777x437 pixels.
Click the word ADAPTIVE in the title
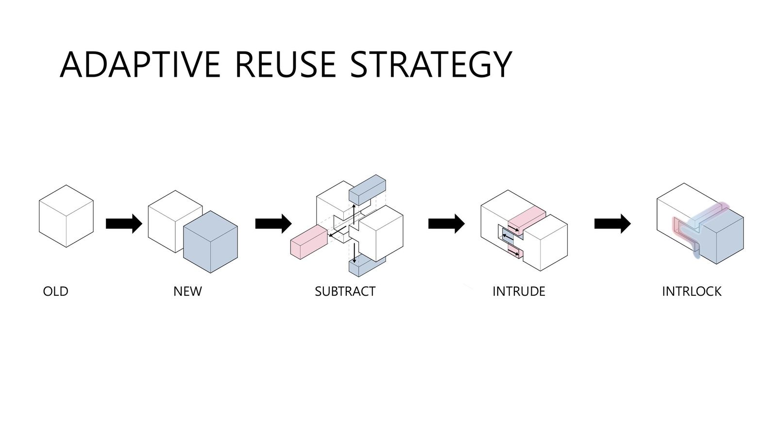click(140, 65)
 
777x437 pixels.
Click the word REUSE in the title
click(286, 65)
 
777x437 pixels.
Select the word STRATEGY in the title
click(431, 65)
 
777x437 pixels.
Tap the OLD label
click(55, 291)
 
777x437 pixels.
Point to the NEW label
click(187, 291)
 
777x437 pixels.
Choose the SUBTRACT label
click(345, 291)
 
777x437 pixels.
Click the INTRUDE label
click(519, 291)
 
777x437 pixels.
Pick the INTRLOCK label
click(692, 291)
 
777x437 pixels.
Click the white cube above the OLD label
click(66, 216)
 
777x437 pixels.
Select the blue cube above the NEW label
click(211, 242)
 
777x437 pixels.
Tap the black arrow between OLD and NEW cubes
click(124, 224)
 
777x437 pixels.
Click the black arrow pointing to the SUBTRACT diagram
click(273, 224)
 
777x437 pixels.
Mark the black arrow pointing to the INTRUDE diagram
click(446, 224)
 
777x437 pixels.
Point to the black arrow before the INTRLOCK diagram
click(612, 224)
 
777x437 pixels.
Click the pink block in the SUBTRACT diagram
click(309, 242)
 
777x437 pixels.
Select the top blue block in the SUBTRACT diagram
click(367, 190)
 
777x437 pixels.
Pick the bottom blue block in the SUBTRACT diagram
click(367, 266)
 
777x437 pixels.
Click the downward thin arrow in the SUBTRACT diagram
click(354, 253)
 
